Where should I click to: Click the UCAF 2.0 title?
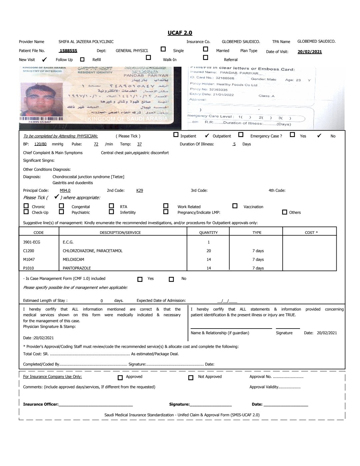pos(180,33)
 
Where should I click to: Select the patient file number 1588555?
pos(68,51)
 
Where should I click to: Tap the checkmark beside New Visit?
pos(44,60)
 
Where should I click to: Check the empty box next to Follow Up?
pos(82,59)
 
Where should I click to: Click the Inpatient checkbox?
pos(176,135)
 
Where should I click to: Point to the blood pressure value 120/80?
pos(40,144)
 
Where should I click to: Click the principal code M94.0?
pos(65,190)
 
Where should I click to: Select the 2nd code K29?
pos(140,190)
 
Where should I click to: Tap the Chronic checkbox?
pos(26,206)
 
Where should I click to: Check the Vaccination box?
pos(235,206)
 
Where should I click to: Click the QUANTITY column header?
pos(208,232)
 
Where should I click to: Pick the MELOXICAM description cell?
pos(73,260)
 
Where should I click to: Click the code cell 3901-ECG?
pos(32,242)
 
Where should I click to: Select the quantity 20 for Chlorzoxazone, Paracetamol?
pos(209,251)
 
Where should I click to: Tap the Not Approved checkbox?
pos(191,378)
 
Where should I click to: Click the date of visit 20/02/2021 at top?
pos(310,52)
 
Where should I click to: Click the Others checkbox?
pos(284,212)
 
